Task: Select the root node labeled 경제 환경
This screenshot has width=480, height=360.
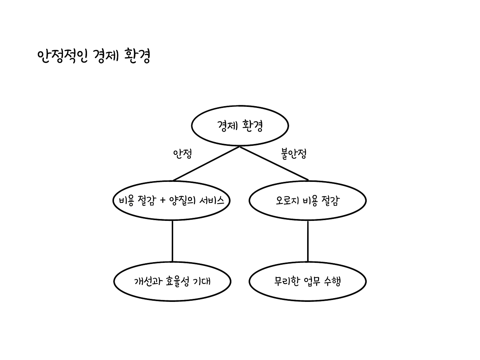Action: click(x=240, y=126)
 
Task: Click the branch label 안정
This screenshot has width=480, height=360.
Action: click(x=182, y=154)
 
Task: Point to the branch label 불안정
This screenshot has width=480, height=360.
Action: click(x=294, y=154)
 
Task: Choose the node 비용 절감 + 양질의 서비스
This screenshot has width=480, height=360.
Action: click(x=172, y=201)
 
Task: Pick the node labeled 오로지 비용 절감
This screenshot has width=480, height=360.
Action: click(x=307, y=201)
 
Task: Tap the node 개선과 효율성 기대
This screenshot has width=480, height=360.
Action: click(x=172, y=281)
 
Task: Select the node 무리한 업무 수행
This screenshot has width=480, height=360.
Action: click(x=307, y=281)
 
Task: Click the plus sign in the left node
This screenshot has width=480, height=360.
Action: click(x=162, y=201)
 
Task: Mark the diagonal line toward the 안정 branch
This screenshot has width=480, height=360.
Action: click(x=206, y=163)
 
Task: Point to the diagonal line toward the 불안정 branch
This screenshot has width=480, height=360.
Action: click(x=274, y=163)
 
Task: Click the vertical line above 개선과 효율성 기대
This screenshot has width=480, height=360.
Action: click(x=172, y=241)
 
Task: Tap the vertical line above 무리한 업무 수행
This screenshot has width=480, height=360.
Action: click(x=308, y=241)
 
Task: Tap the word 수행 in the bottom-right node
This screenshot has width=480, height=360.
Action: click(x=332, y=281)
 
